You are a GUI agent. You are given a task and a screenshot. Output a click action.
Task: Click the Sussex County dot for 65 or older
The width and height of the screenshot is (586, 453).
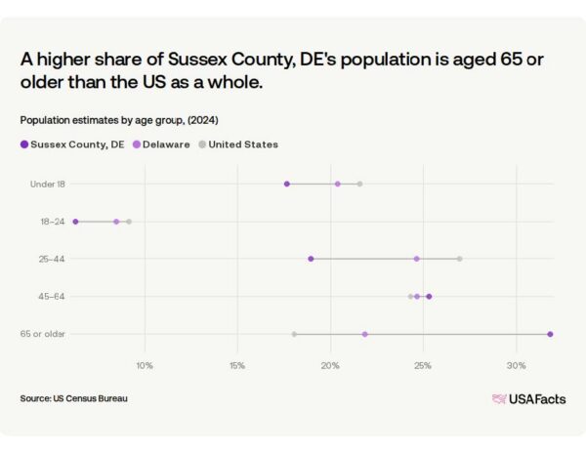(x=550, y=334)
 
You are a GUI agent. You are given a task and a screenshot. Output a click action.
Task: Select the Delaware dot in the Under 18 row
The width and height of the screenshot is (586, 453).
(x=338, y=185)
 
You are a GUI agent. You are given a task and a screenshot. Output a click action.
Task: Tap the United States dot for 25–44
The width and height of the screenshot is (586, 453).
(x=460, y=259)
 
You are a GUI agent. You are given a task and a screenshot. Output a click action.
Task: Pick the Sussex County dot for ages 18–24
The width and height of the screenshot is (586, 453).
(x=75, y=222)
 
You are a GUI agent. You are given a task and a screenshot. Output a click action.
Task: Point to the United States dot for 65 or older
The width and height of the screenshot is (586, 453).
(x=294, y=334)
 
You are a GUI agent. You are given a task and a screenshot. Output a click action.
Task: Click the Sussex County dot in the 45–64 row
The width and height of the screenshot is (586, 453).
(x=429, y=297)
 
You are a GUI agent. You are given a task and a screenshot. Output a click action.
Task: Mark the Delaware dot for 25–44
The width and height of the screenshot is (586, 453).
(x=417, y=259)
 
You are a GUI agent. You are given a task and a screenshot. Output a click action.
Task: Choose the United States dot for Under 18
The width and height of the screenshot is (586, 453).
(x=359, y=185)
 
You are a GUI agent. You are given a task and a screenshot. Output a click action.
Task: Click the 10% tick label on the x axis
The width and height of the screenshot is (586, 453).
(x=145, y=365)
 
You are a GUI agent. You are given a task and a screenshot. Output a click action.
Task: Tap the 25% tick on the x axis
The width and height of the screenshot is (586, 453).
(x=423, y=365)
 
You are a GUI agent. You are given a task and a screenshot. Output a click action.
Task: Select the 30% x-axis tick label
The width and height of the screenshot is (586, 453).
(x=516, y=365)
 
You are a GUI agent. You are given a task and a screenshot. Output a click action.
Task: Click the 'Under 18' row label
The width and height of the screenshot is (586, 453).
(x=48, y=185)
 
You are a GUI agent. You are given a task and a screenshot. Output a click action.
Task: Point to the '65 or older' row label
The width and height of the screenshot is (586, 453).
(x=43, y=334)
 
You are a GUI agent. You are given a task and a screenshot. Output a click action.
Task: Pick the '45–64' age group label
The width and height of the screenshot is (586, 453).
(x=51, y=297)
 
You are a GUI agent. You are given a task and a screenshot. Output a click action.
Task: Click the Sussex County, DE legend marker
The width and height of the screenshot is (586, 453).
(x=24, y=144)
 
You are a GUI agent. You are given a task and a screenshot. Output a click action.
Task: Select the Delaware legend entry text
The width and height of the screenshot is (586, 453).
(x=166, y=144)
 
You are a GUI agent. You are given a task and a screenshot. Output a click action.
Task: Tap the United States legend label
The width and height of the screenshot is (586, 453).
(x=243, y=144)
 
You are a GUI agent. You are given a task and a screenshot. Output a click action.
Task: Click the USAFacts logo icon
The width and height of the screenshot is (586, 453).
(x=499, y=399)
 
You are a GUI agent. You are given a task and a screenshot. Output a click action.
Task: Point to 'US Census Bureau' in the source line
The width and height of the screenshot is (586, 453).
(x=90, y=398)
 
